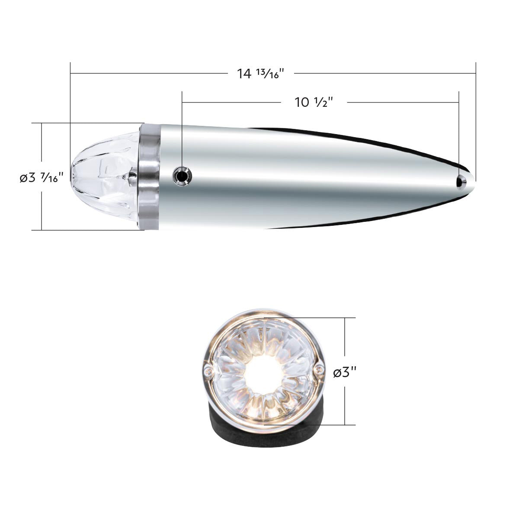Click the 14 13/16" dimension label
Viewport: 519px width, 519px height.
[x=260, y=73]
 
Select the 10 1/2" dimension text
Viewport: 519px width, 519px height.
[x=314, y=103]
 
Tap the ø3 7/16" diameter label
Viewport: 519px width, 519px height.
[x=42, y=178]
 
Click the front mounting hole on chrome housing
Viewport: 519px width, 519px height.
[x=182, y=176]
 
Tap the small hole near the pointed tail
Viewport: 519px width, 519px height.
[x=461, y=182]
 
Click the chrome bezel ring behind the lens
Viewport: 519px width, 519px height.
[x=149, y=176]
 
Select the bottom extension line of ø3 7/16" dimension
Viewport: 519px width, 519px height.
[x=86, y=230]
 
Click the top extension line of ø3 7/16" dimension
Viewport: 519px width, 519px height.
[x=86, y=123]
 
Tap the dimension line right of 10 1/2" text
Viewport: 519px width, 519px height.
[x=402, y=103]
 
